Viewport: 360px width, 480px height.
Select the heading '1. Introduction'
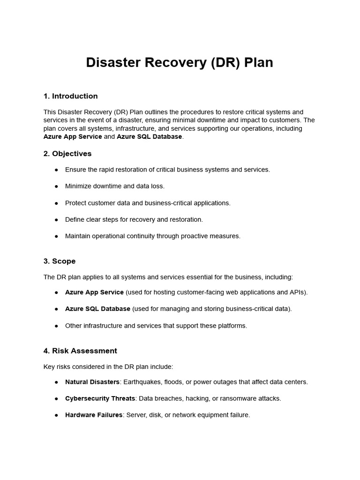(x=70, y=96)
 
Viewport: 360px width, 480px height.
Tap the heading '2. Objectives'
(x=67, y=154)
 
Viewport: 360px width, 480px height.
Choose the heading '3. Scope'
(x=60, y=261)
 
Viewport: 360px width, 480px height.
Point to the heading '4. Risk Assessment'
(x=80, y=351)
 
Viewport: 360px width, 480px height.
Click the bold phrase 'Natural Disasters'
(x=92, y=382)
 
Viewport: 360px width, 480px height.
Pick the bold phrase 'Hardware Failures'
(x=94, y=415)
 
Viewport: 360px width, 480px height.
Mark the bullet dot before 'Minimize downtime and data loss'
(x=56, y=187)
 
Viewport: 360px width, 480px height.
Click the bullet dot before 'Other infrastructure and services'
(x=56, y=326)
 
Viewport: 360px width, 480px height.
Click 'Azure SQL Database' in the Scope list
(x=97, y=309)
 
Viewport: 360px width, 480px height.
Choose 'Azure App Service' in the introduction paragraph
(x=73, y=137)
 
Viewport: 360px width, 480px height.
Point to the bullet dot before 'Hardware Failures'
(x=56, y=415)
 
